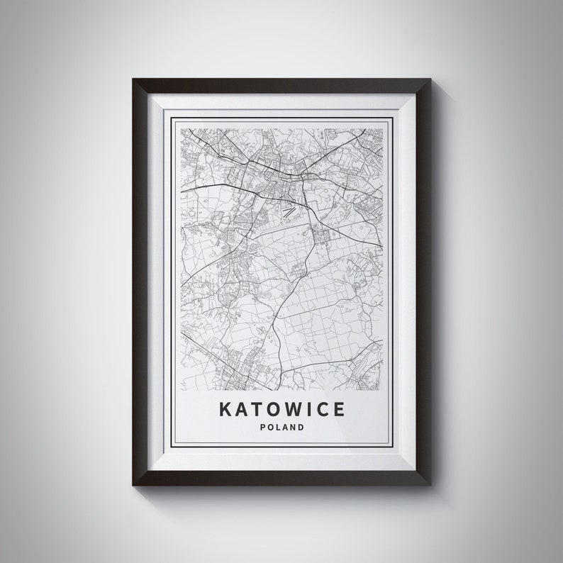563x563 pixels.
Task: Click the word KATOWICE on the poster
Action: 281,410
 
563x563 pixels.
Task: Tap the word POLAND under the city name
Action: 281,428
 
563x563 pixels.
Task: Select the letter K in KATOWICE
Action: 224,410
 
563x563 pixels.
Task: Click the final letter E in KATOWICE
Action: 339,410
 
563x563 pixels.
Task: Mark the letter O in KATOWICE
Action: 270,410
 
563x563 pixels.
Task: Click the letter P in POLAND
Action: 262,428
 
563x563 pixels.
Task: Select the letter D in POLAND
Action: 301,428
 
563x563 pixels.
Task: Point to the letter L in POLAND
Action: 277,428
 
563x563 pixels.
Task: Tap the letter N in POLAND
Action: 293,428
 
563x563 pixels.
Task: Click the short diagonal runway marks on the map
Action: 289,211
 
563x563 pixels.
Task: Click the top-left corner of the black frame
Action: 133,79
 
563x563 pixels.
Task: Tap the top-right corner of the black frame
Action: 430,79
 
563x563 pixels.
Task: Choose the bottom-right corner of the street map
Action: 383,391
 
